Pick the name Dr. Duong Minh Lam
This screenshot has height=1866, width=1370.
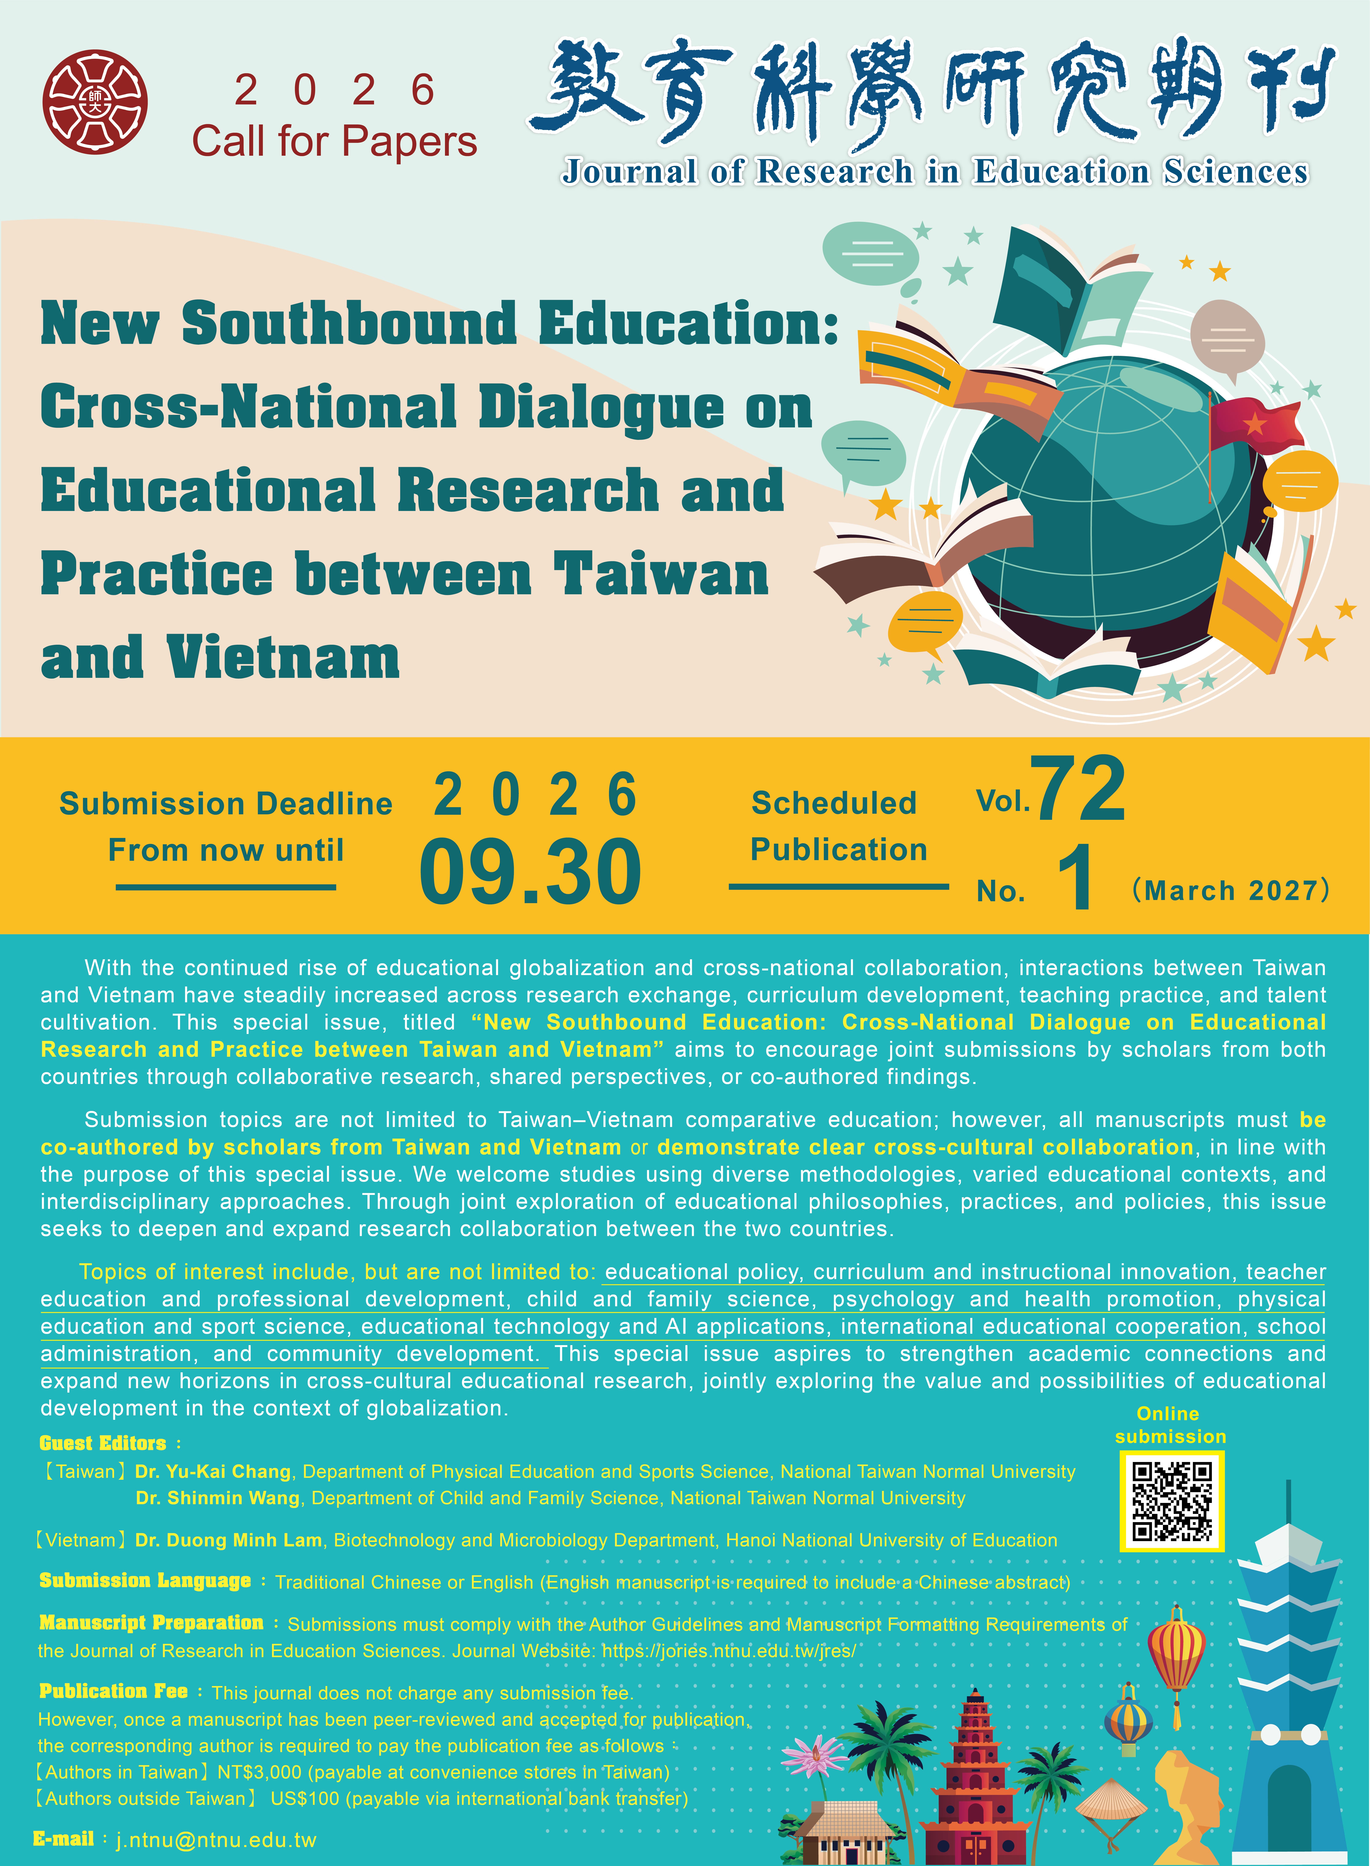[228, 1540]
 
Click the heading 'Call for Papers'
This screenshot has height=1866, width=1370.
[334, 141]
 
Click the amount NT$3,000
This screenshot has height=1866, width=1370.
[259, 1772]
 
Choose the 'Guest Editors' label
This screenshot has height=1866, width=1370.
[103, 1443]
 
